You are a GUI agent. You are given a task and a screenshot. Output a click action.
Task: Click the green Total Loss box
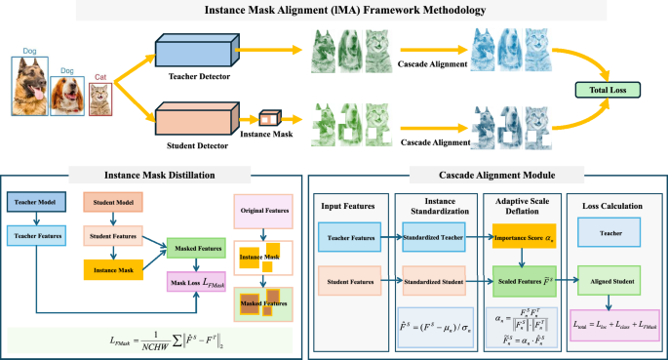(x=616, y=90)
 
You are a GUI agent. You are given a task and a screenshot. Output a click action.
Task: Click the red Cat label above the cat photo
(x=100, y=77)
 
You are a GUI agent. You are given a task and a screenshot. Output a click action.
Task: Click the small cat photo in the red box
(x=100, y=100)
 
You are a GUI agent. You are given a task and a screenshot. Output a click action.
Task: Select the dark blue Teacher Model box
(x=36, y=201)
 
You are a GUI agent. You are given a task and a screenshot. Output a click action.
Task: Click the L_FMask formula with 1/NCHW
(x=150, y=339)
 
